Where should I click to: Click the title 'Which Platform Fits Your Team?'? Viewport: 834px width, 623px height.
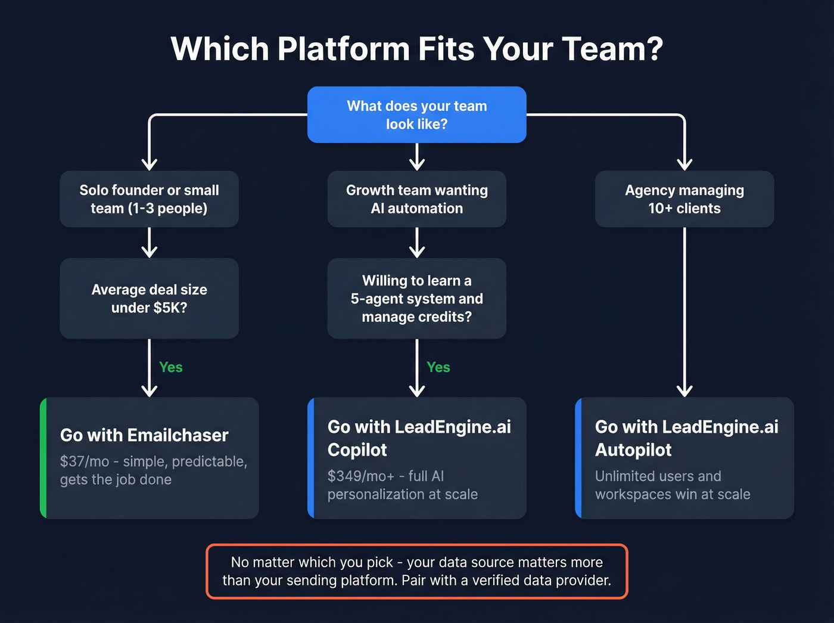coord(416,49)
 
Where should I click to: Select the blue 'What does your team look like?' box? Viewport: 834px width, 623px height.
coord(416,115)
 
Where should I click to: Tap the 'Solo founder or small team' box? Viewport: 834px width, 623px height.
coord(149,199)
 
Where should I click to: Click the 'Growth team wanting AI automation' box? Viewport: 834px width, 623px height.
coord(416,199)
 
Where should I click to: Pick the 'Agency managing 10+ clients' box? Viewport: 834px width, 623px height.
coord(684,199)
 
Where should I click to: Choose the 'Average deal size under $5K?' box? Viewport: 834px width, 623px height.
coord(149,299)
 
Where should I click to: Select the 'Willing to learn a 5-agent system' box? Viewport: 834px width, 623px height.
coord(416,299)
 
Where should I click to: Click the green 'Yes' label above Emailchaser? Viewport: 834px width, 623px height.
coord(171,367)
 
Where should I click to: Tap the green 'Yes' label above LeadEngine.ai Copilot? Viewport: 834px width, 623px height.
coord(438,367)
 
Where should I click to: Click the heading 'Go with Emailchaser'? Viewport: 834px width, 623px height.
coord(144,435)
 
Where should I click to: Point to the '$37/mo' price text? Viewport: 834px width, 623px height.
coord(85,461)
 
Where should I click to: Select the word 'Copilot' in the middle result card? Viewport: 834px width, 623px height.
coord(357,450)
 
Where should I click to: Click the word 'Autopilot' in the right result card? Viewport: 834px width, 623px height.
coord(633,450)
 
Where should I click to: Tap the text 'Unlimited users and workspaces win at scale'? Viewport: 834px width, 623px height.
coord(673,485)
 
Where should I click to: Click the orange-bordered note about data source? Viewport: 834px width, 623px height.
coord(416,571)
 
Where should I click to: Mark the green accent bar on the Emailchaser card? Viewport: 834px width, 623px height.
coord(43,458)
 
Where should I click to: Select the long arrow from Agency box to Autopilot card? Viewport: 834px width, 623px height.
coord(684,310)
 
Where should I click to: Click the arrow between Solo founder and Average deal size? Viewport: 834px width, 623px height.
coord(149,243)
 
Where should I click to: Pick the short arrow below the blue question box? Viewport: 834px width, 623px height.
coord(417,157)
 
